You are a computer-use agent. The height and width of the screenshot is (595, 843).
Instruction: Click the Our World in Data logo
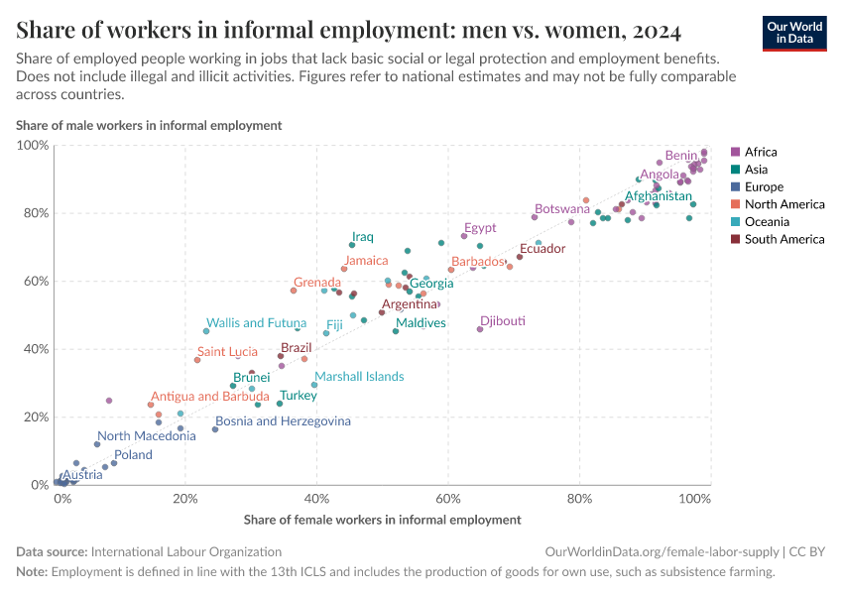793,32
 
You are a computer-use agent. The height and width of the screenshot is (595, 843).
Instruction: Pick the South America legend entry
783,239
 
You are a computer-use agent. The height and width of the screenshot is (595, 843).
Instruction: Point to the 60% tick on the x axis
448,497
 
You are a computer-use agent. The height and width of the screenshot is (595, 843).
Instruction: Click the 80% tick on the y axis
34,213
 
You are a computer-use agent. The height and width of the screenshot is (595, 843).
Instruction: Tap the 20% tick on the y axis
34,417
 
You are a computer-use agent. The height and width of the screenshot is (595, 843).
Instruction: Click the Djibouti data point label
502,321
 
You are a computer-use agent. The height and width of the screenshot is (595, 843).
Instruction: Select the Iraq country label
363,237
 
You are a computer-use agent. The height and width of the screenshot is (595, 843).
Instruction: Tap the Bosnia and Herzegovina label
283,421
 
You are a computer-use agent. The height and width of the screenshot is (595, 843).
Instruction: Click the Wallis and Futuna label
255,322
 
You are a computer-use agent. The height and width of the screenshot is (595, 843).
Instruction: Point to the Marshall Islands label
359,376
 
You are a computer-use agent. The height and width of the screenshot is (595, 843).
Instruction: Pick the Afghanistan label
658,196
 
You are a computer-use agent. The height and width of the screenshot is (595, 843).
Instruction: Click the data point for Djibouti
480,329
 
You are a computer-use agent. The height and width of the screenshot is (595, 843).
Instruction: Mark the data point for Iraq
351,245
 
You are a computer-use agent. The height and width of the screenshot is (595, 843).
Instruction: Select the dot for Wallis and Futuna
206,331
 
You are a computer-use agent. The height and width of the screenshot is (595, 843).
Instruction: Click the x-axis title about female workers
382,519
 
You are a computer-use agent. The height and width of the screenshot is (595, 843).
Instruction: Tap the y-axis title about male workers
149,125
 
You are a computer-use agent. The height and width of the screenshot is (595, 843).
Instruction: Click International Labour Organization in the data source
185,551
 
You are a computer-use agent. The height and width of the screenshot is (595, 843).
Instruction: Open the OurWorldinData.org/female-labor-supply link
662,551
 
